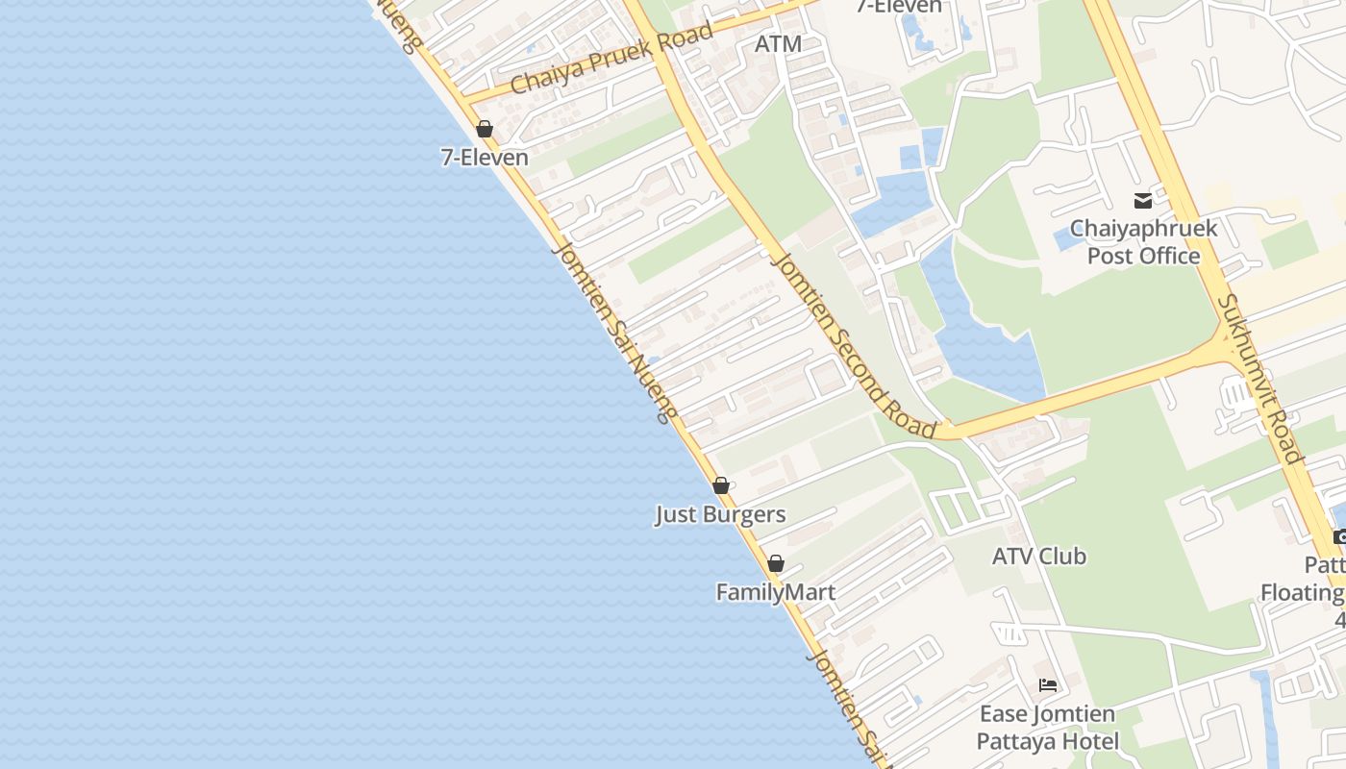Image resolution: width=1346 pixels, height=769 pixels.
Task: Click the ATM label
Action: (778, 44)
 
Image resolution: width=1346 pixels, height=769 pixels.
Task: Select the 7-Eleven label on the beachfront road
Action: (485, 157)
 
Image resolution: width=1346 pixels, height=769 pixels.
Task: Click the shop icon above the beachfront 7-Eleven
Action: (485, 129)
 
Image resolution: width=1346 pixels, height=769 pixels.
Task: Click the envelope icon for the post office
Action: (1142, 201)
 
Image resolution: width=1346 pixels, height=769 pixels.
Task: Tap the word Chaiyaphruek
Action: (1143, 229)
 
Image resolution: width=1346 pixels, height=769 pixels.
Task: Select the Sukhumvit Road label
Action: (1259, 378)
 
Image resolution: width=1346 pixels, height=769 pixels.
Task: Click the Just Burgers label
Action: (720, 514)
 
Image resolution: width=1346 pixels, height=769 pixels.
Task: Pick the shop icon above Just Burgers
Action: (720, 485)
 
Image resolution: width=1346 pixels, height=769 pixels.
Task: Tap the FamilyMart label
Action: (775, 592)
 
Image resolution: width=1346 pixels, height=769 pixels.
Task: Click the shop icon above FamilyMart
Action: (775, 563)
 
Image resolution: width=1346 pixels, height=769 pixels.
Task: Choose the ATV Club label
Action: (1038, 556)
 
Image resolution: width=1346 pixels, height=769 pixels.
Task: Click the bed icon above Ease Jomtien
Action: (1047, 685)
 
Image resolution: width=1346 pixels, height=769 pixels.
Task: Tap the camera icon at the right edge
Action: (1339, 536)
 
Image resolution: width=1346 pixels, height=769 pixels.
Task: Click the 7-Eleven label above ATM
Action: (899, 6)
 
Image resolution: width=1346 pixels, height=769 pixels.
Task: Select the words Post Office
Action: (1143, 256)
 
